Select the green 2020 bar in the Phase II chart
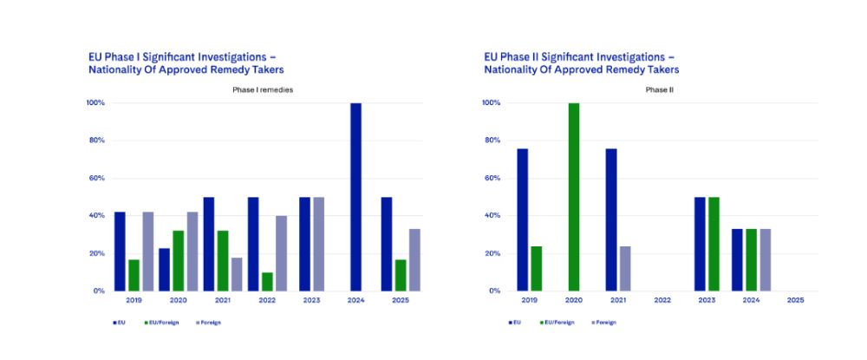coord(572,197)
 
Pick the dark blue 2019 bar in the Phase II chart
coord(523,219)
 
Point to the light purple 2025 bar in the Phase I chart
coord(414,259)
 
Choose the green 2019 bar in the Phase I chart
coord(134,275)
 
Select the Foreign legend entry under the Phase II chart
coord(603,322)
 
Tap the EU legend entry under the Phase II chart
coord(515,322)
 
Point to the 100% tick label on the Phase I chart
coord(95,103)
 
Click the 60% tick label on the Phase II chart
coord(491,178)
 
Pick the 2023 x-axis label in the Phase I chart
coord(310,300)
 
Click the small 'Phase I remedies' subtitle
coord(262,90)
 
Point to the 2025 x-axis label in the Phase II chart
coord(795,300)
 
